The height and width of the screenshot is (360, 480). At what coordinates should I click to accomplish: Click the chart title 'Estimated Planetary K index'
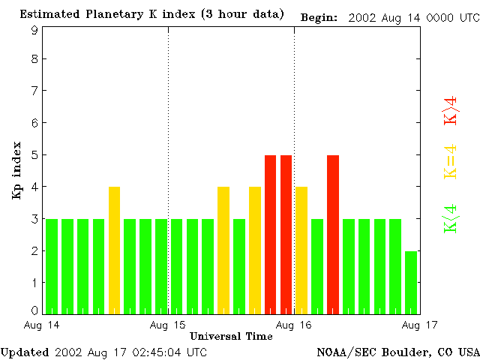[x=112, y=15]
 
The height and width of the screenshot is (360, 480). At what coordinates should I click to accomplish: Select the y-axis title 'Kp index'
[x=16, y=170]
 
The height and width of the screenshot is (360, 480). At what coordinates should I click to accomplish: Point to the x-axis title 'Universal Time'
[x=231, y=336]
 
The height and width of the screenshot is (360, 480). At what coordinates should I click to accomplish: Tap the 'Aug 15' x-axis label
[x=168, y=325]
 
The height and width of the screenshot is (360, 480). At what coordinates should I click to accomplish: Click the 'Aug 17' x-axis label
[x=419, y=325]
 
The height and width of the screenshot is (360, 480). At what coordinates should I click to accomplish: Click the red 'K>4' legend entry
[x=451, y=111]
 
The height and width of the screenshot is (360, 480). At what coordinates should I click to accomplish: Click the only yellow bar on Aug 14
[x=114, y=250]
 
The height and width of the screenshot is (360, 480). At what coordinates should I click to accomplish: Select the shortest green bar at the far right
[x=411, y=282]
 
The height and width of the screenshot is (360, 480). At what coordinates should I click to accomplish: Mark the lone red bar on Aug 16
[x=333, y=234]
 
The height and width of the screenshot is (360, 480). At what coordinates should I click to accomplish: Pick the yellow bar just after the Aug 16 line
[x=301, y=250]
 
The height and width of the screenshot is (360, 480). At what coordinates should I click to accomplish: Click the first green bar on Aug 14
[x=52, y=265]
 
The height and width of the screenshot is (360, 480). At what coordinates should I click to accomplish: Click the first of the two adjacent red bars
[x=270, y=234]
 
